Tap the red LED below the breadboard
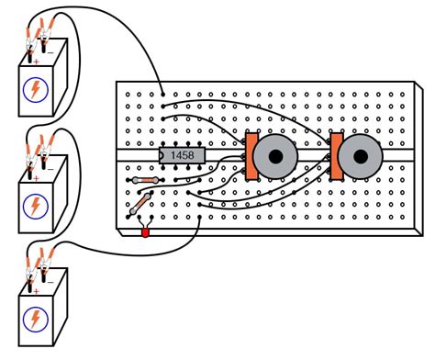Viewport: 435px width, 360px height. pos(145,233)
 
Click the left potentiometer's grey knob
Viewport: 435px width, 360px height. pos(273,159)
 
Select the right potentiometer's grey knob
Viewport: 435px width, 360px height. pos(358,158)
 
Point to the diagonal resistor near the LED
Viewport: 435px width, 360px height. pos(143,201)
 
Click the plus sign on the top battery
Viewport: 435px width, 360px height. pos(36,64)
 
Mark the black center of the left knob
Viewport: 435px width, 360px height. pos(273,159)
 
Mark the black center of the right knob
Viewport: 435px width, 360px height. pos(358,158)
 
